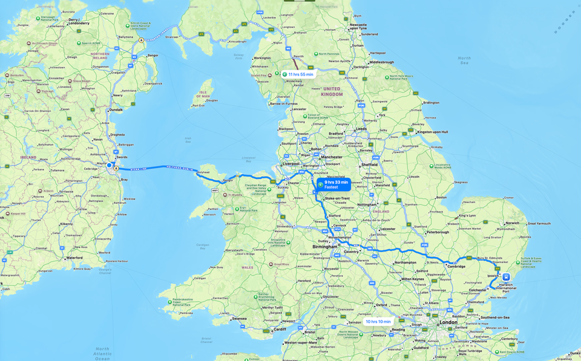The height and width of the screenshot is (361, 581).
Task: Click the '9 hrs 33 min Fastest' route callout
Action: pos(333,184)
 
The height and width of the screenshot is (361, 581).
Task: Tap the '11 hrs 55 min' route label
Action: pos(298,74)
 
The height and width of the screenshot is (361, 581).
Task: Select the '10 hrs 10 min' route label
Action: pos(378,322)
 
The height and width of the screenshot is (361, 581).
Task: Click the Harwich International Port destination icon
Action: pos(506,277)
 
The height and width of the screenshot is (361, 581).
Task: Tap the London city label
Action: pos(448,322)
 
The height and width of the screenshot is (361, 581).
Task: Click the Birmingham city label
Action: pos(325,247)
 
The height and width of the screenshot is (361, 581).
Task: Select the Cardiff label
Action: pos(279,330)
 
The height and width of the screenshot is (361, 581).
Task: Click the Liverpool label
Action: pos(291,163)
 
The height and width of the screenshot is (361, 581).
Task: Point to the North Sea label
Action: pos(464,60)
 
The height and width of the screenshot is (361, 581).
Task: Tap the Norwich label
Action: pos(513,223)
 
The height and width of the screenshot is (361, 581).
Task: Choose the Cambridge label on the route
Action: pos(456,266)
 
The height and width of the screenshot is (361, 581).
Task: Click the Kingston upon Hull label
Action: pos(433,132)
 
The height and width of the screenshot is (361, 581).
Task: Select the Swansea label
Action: pos(239,319)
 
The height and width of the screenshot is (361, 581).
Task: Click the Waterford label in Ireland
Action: pos(74,258)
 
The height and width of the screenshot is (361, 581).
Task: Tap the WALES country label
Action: pos(248,267)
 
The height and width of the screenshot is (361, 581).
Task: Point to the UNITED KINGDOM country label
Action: pos(332,91)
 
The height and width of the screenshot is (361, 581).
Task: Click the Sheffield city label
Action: pos(369,164)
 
